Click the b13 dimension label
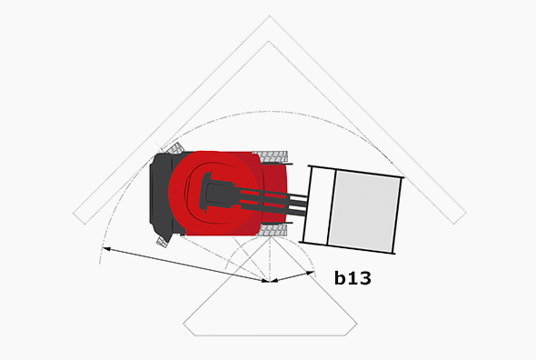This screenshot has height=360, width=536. (x=352, y=279)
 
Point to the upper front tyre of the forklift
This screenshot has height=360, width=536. (x=273, y=156)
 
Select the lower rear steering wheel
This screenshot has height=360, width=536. (x=163, y=241)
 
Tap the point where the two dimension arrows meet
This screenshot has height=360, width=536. (x=271, y=281)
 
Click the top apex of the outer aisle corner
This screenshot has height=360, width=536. (x=270, y=17)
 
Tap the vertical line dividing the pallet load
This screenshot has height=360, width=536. (x=333, y=208)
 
